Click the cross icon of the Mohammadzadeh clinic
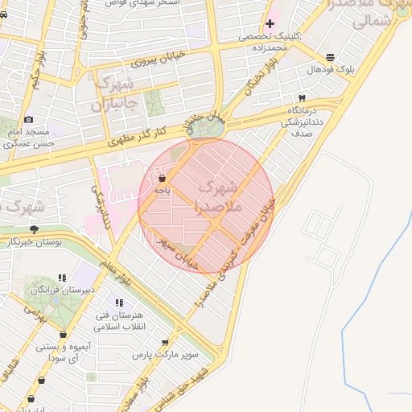270,24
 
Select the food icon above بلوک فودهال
331,57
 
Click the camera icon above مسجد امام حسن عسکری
29,120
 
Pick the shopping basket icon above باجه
163,179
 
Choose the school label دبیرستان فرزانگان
64,289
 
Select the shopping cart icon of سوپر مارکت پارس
166,343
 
